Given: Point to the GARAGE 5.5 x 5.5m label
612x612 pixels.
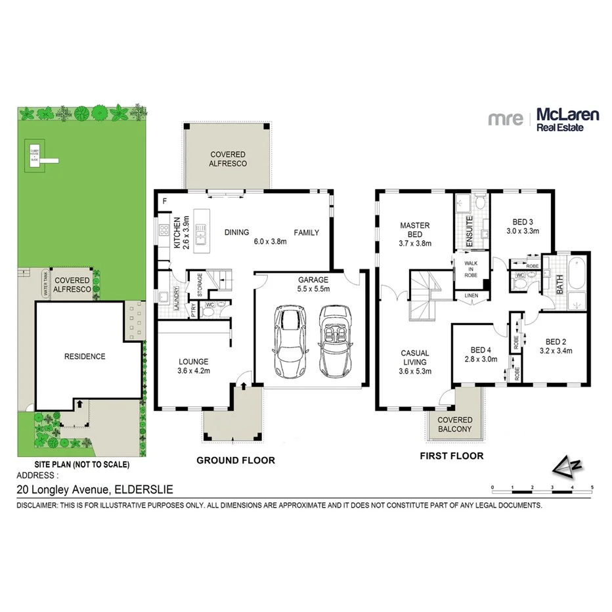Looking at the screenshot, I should pyautogui.click(x=313, y=284).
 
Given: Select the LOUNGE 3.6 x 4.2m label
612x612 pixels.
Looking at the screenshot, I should pyautogui.click(x=193, y=366).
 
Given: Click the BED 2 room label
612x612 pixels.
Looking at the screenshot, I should pyautogui.click(x=555, y=346).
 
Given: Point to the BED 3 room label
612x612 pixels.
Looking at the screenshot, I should pyautogui.click(x=522, y=227).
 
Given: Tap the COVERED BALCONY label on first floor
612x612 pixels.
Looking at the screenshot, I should pyautogui.click(x=455, y=424).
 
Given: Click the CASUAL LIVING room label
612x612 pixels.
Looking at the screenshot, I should pyautogui.click(x=415, y=362).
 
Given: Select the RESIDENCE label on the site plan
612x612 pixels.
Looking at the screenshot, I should pyautogui.click(x=84, y=357).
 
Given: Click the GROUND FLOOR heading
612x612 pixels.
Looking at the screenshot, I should pyautogui.click(x=236, y=460).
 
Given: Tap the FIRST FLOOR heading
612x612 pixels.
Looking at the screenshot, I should pyautogui.click(x=451, y=456).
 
